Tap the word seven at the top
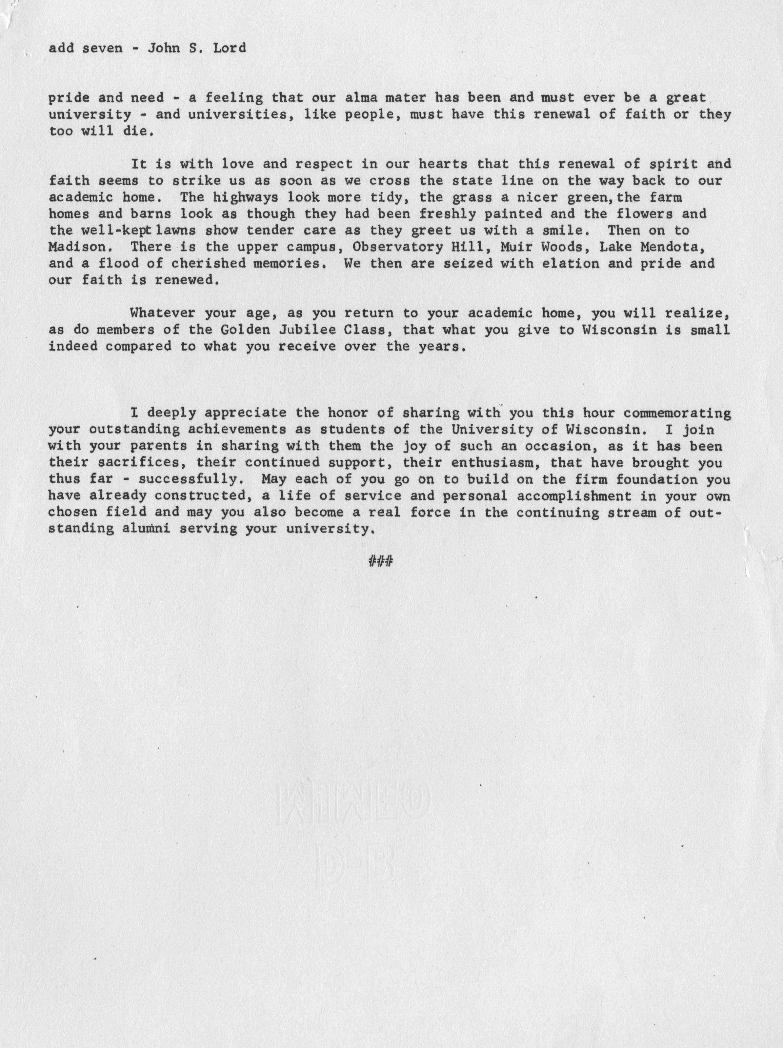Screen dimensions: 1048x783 click(102, 48)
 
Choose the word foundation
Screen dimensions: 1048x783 click(656, 479)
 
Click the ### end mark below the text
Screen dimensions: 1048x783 click(380, 562)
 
